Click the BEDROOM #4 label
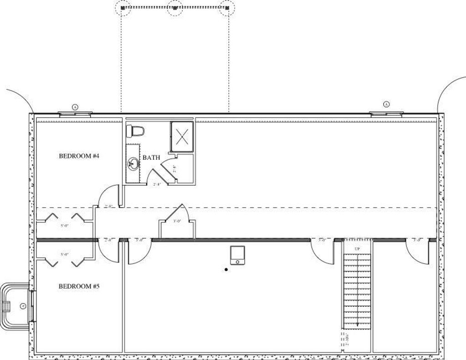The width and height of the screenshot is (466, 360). [79, 156]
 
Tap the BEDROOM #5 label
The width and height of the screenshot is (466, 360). [79, 286]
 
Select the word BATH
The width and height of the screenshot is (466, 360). [152, 158]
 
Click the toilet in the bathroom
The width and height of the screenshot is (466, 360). [135, 131]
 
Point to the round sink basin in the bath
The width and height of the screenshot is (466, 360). [133, 163]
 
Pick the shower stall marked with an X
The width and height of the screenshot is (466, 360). [182, 136]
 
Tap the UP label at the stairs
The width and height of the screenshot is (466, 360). [357, 249]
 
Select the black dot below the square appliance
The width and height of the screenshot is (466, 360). [226, 270]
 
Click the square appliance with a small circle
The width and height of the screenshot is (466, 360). [238, 255]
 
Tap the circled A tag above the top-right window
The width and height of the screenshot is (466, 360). [386, 104]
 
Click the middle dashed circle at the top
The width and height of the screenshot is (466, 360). [174, 8]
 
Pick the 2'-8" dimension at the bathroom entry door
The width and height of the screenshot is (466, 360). [157, 184]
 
